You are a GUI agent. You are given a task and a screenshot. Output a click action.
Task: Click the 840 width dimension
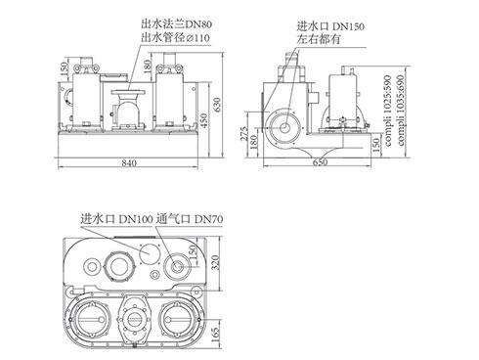(x=129, y=162)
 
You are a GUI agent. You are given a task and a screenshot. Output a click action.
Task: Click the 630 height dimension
(x=217, y=105)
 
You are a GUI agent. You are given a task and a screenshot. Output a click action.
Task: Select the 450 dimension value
(x=203, y=120)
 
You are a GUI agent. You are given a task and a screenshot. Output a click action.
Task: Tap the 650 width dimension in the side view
(x=320, y=162)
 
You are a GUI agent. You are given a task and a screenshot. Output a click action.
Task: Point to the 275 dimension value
(x=244, y=134)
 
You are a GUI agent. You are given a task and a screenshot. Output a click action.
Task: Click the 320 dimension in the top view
(x=215, y=263)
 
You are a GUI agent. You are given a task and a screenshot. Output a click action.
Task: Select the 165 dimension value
(x=215, y=335)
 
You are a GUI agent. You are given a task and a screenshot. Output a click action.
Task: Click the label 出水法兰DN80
(x=177, y=23)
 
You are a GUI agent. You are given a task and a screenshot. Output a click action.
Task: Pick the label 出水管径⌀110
(x=175, y=37)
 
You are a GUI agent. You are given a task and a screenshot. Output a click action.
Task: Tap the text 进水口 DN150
(x=330, y=25)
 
